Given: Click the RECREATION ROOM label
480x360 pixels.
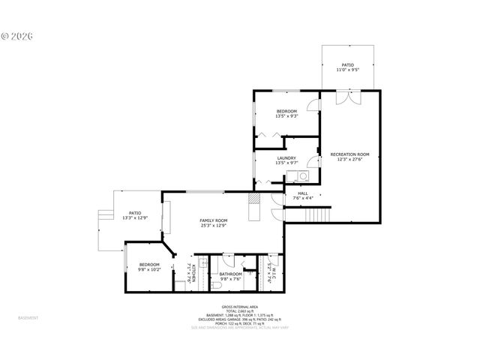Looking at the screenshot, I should [349, 154].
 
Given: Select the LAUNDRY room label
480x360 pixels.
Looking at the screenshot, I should [286, 158].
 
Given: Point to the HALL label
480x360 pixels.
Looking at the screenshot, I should [303, 193].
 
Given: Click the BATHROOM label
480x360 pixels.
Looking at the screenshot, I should [230, 274].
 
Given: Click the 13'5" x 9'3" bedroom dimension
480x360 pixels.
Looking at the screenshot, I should [286, 116].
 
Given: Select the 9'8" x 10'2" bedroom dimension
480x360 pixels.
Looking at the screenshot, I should [148, 269].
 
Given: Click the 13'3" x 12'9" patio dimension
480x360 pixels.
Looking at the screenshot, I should [135, 217].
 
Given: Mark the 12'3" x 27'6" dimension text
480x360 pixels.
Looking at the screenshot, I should [349, 159].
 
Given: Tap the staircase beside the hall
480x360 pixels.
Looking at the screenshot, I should [315, 214].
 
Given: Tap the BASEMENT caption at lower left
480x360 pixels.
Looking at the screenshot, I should [28, 318].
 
